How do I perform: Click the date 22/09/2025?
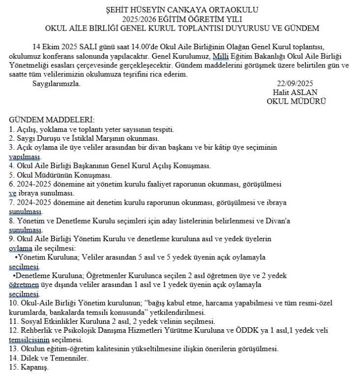point(295,83)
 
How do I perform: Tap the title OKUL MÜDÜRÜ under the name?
point(296,101)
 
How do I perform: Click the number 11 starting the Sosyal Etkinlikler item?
point(13,321)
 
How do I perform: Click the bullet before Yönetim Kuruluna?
point(17,257)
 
